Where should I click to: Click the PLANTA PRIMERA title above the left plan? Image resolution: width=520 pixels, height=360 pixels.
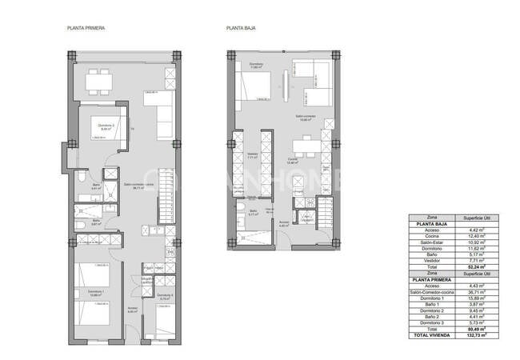[x=86, y=28]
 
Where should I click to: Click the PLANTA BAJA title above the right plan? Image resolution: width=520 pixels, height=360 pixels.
[x=239, y=28]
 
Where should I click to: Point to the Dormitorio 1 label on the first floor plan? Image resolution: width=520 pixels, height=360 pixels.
[x=96, y=292]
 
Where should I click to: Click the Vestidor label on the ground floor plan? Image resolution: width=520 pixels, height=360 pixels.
[x=253, y=154]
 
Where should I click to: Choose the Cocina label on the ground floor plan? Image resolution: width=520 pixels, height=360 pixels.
[x=294, y=160]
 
